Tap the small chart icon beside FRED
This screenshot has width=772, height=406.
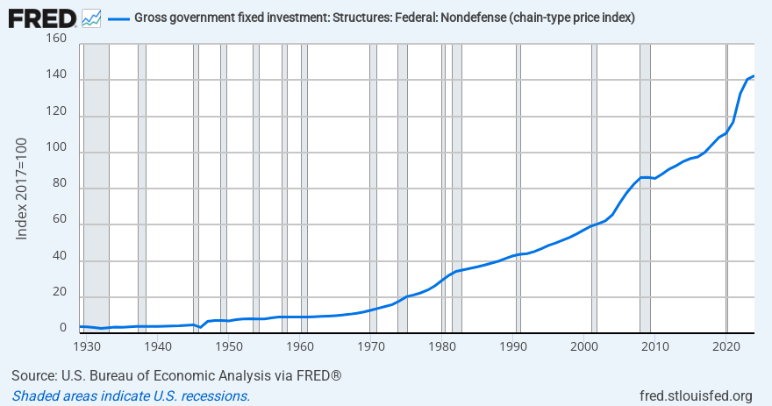click(90, 17)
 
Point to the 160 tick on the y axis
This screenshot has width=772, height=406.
click(55, 39)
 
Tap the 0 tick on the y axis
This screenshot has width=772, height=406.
click(62, 329)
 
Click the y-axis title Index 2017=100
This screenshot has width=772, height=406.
click(23, 187)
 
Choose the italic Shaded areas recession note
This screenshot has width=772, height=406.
click(131, 395)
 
